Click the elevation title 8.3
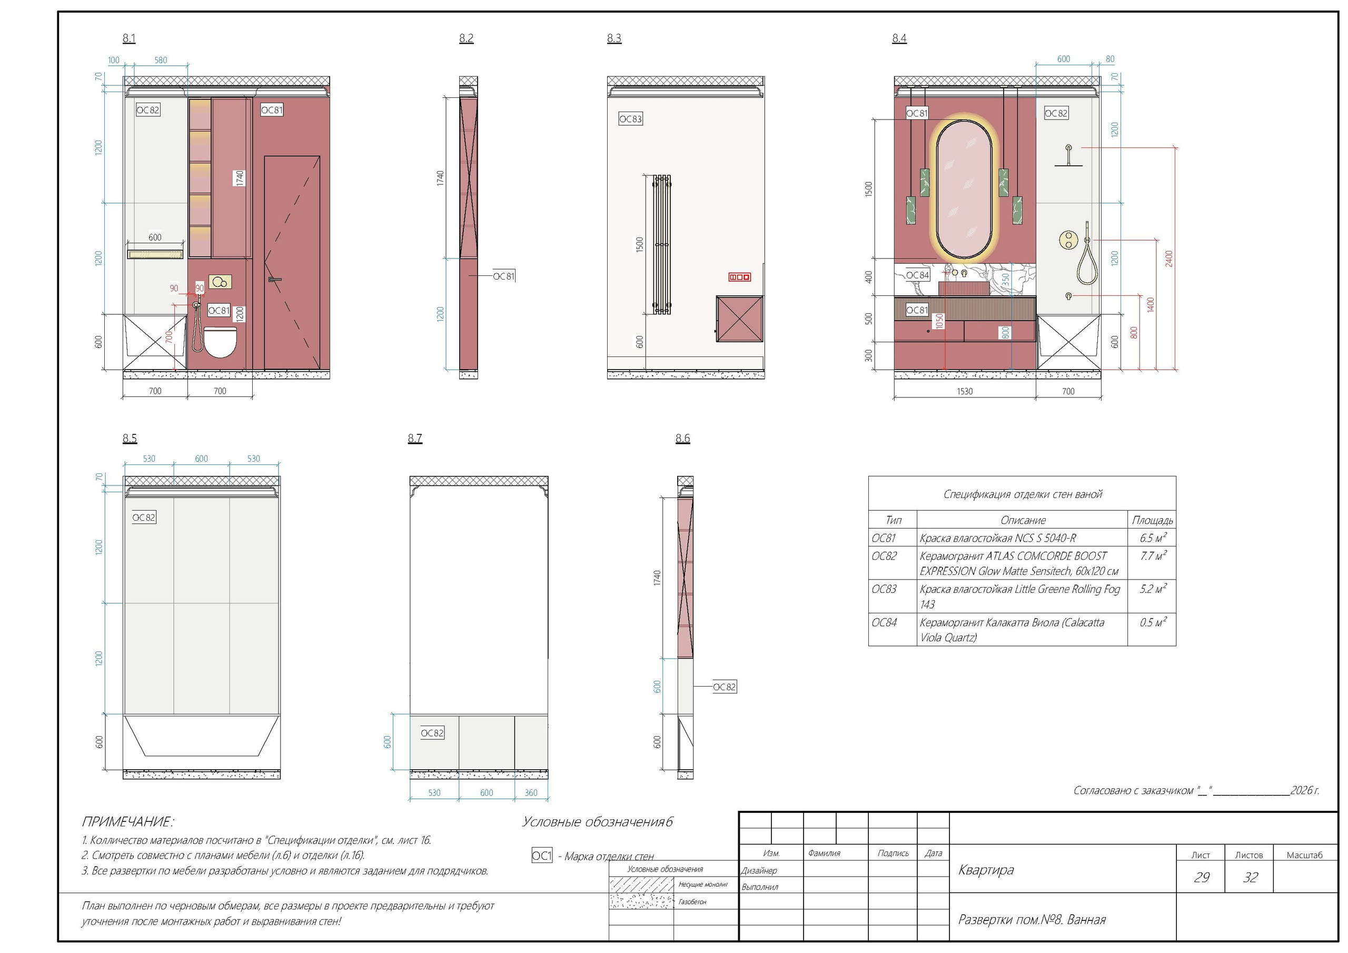(x=613, y=38)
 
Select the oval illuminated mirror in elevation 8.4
(x=964, y=188)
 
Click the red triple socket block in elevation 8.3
(x=739, y=277)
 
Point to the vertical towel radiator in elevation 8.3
(x=662, y=245)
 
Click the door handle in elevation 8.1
(x=274, y=280)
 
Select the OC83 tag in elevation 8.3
(x=630, y=119)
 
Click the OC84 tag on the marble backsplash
(x=917, y=275)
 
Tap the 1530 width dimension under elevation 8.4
(x=965, y=391)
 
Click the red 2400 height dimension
(x=1169, y=259)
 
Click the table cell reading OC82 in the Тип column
(x=884, y=556)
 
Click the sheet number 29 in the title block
(x=1201, y=877)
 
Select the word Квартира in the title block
(x=986, y=870)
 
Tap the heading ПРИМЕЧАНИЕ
(x=127, y=821)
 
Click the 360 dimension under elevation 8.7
(x=531, y=793)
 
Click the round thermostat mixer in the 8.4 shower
(x=1068, y=240)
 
